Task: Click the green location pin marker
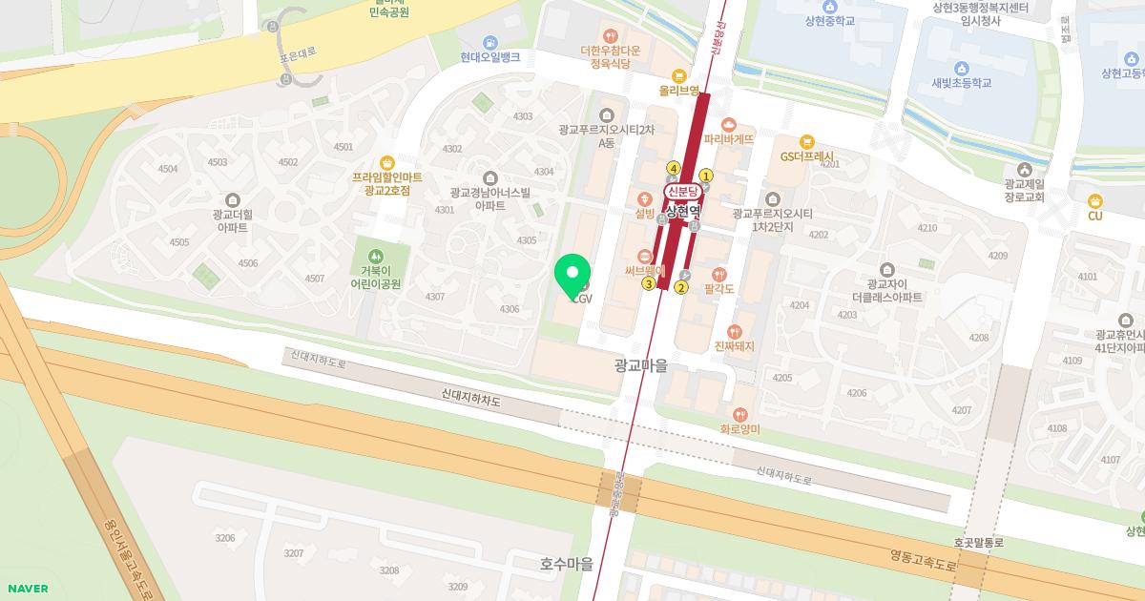pos(572,275)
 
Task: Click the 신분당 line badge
pos(683,192)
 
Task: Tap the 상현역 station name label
pos(683,211)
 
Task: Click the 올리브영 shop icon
pos(679,75)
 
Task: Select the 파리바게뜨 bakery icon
pos(729,124)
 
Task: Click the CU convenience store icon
pos(1094,200)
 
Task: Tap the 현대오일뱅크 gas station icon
pos(489,42)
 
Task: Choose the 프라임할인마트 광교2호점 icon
pos(386,162)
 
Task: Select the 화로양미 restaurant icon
pos(739,414)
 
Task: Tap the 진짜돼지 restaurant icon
pos(734,331)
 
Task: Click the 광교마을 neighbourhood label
pos(640,364)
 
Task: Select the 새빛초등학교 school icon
pos(961,68)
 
